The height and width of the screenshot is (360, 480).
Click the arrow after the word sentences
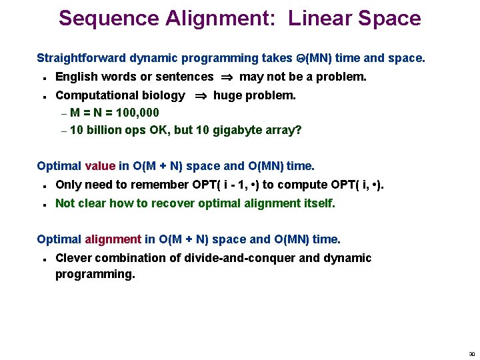pos(227,77)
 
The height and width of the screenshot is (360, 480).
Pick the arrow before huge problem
pos(200,96)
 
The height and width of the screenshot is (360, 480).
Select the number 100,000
pos(137,113)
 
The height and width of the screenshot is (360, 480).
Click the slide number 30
pos(472,354)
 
